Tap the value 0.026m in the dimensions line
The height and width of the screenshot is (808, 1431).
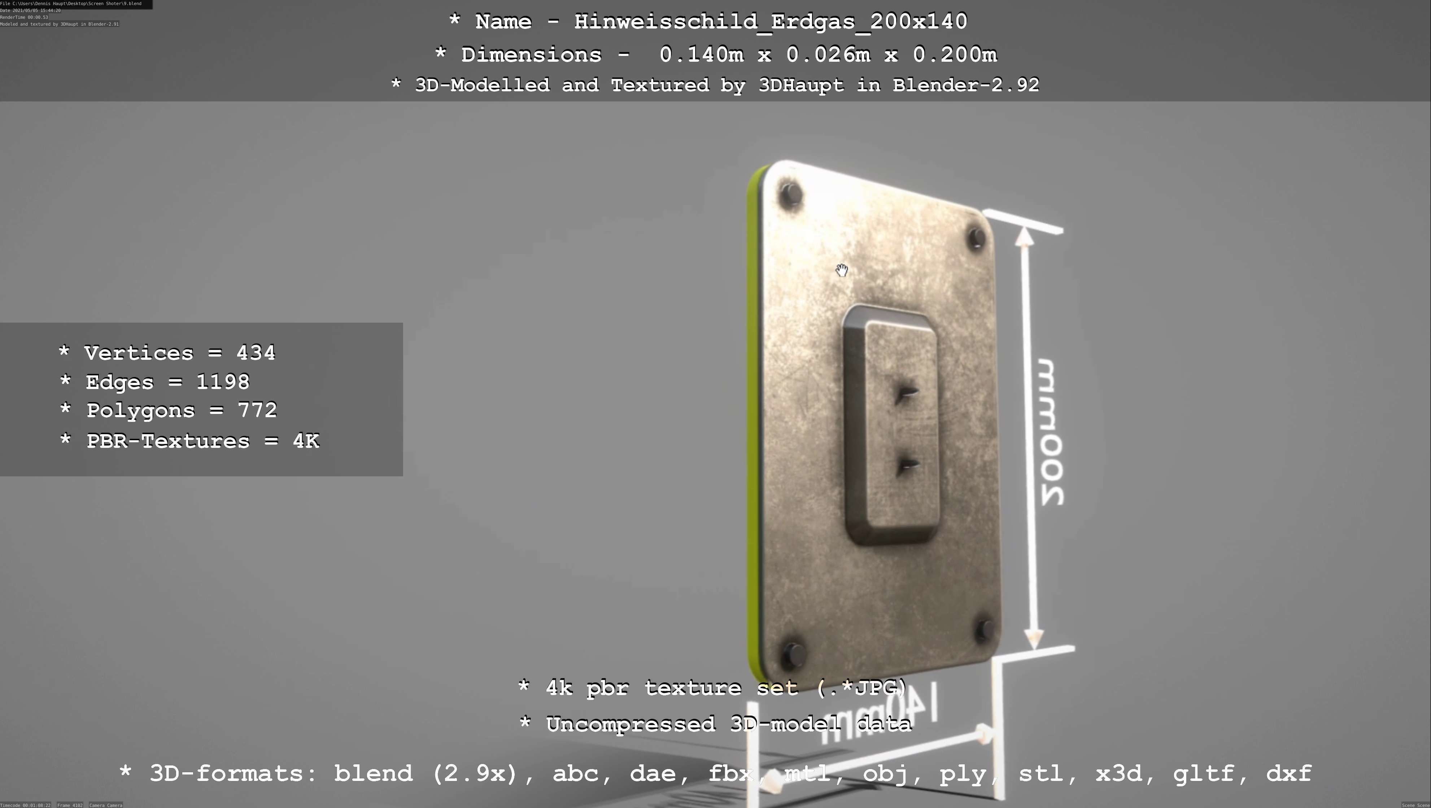(828, 54)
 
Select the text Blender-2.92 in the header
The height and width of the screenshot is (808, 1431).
(965, 85)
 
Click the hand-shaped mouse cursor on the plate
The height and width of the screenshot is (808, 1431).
(842, 270)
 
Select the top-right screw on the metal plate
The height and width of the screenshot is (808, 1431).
(976, 238)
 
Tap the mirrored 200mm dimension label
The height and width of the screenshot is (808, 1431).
(1051, 432)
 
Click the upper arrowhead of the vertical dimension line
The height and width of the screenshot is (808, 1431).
(1024, 236)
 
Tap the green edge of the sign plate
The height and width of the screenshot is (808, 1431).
(754, 422)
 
